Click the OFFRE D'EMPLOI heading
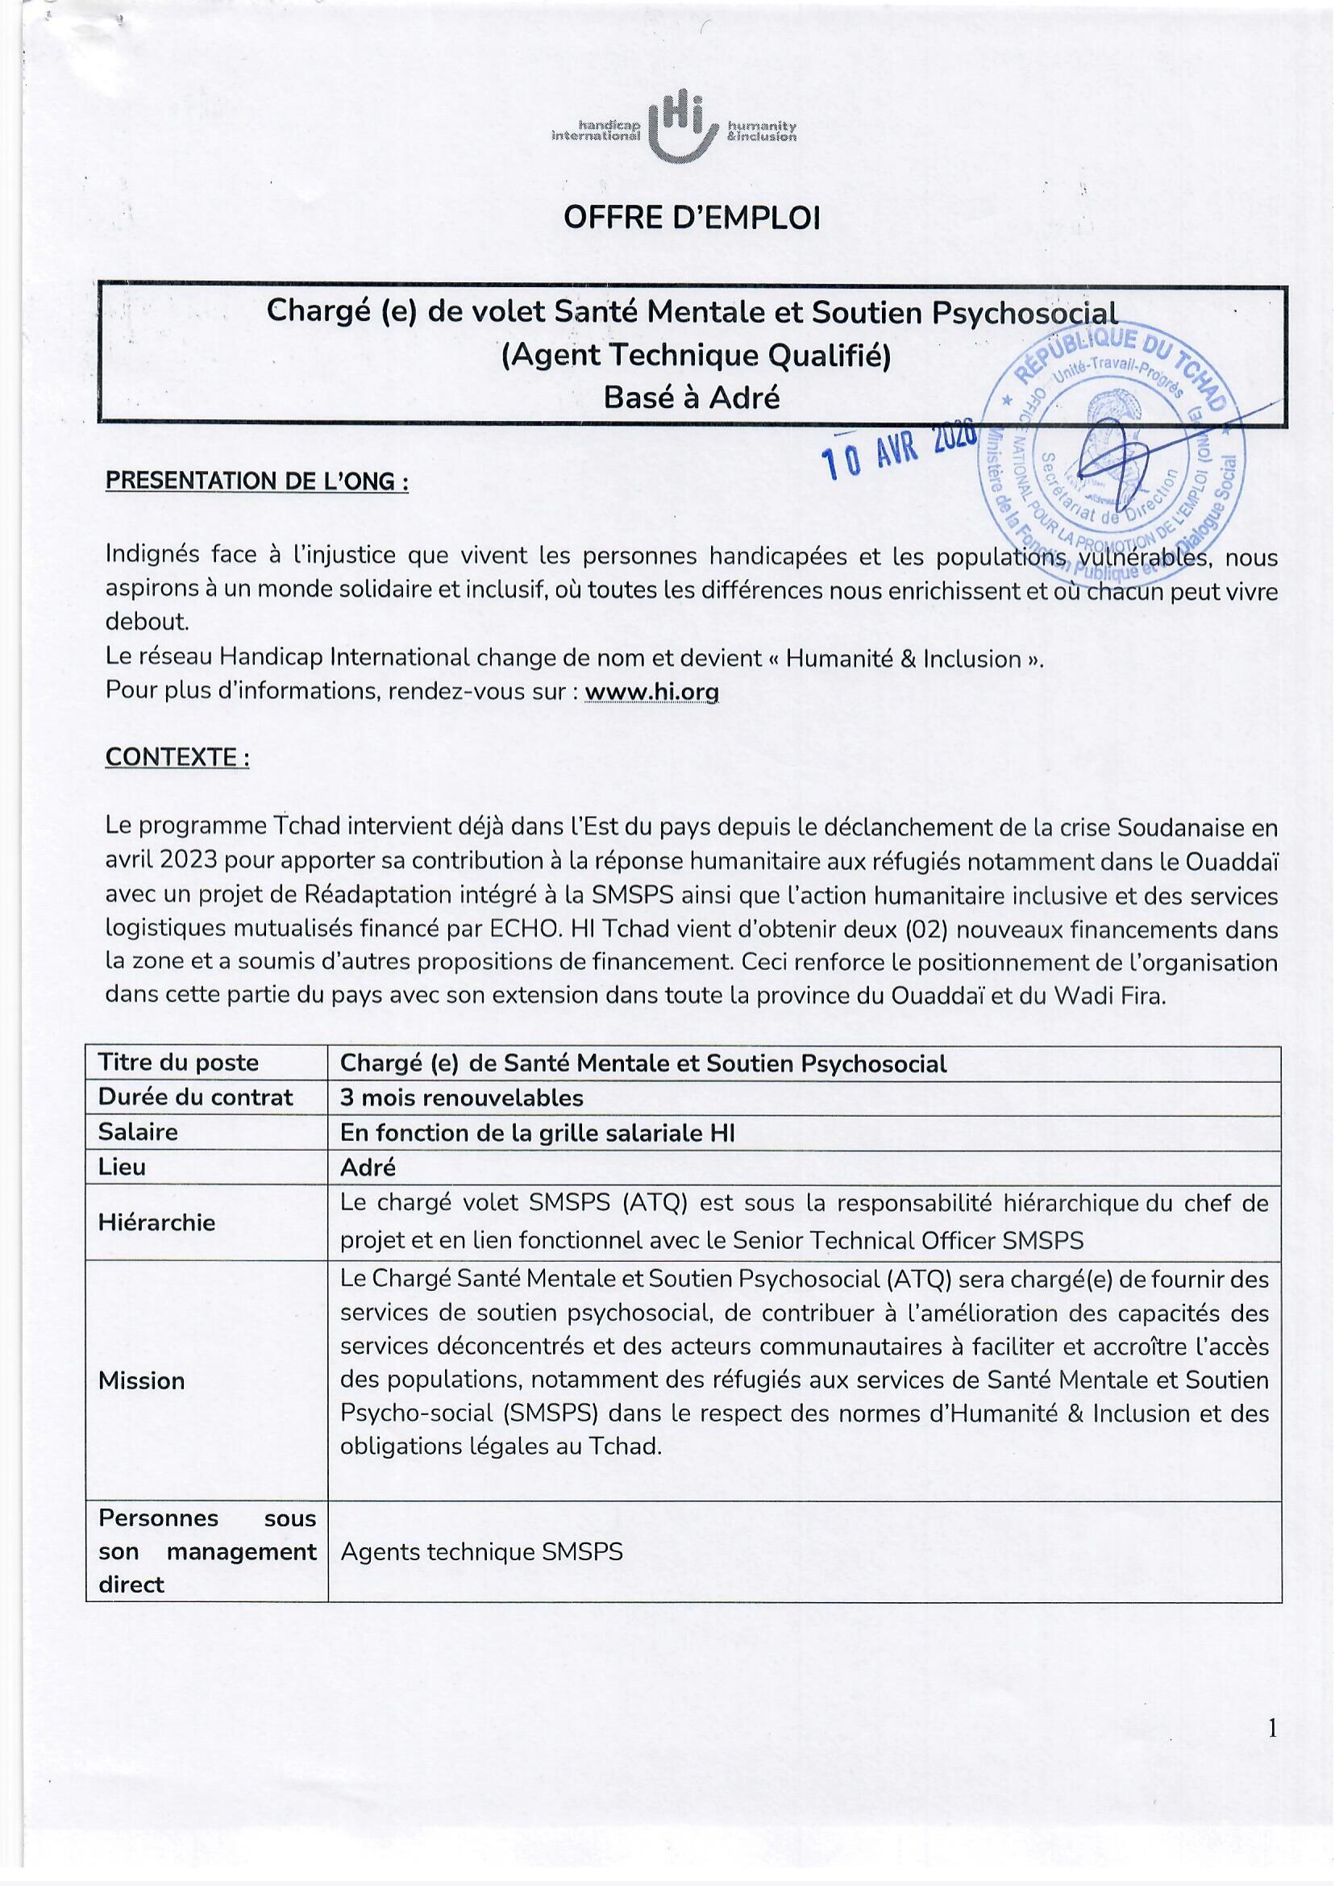coord(692,218)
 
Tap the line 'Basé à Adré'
coord(692,398)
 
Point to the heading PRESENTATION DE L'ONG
coord(256,481)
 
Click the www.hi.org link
coord(651,693)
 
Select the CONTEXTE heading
coord(177,757)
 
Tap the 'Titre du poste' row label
coord(178,1063)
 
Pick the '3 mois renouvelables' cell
coord(461,1097)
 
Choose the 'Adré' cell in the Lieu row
coord(368,1167)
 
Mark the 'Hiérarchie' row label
coord(156,1222)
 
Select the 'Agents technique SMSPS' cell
coord(481,1551)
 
